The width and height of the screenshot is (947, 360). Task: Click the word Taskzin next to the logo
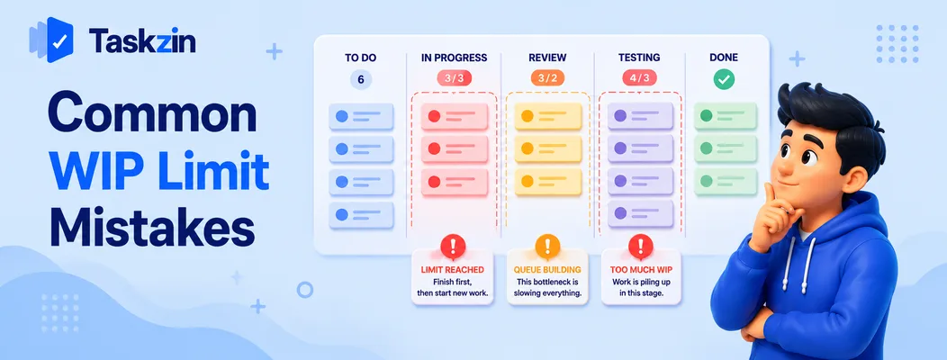(142, 41)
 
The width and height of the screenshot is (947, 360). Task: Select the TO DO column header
(361, 58)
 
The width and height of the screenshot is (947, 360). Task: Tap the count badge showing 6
(361, 80)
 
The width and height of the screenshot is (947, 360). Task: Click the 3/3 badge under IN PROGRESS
(455, 78)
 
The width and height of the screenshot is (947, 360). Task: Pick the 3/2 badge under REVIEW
(547, 78)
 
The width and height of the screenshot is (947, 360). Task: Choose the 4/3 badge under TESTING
(640, 78)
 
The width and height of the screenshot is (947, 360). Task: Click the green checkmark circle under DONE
(724, 79)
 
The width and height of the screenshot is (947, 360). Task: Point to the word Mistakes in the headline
(151, 229)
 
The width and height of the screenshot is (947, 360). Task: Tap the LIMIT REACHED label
(453, 269)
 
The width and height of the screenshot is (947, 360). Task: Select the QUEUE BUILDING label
(547, 269)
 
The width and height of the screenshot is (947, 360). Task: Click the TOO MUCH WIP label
(641, 269)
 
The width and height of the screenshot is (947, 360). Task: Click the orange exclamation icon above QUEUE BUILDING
(547, 247)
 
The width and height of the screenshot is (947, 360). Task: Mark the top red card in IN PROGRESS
(455, 116)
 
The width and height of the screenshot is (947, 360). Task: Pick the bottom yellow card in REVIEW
(548, 181)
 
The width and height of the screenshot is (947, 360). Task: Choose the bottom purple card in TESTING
(640, 213)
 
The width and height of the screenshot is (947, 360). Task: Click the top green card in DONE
(725, 115)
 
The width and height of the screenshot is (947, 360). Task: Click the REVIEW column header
(547, 58)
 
